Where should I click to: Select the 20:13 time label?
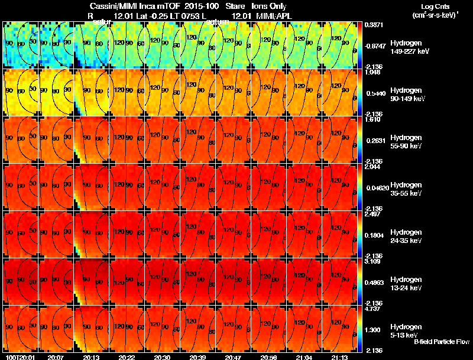[92, 357]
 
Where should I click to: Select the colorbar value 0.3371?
[373, 25]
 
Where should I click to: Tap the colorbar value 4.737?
[373, 309]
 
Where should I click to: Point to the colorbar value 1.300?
[373, 329]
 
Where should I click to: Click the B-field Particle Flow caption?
[441, 342]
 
